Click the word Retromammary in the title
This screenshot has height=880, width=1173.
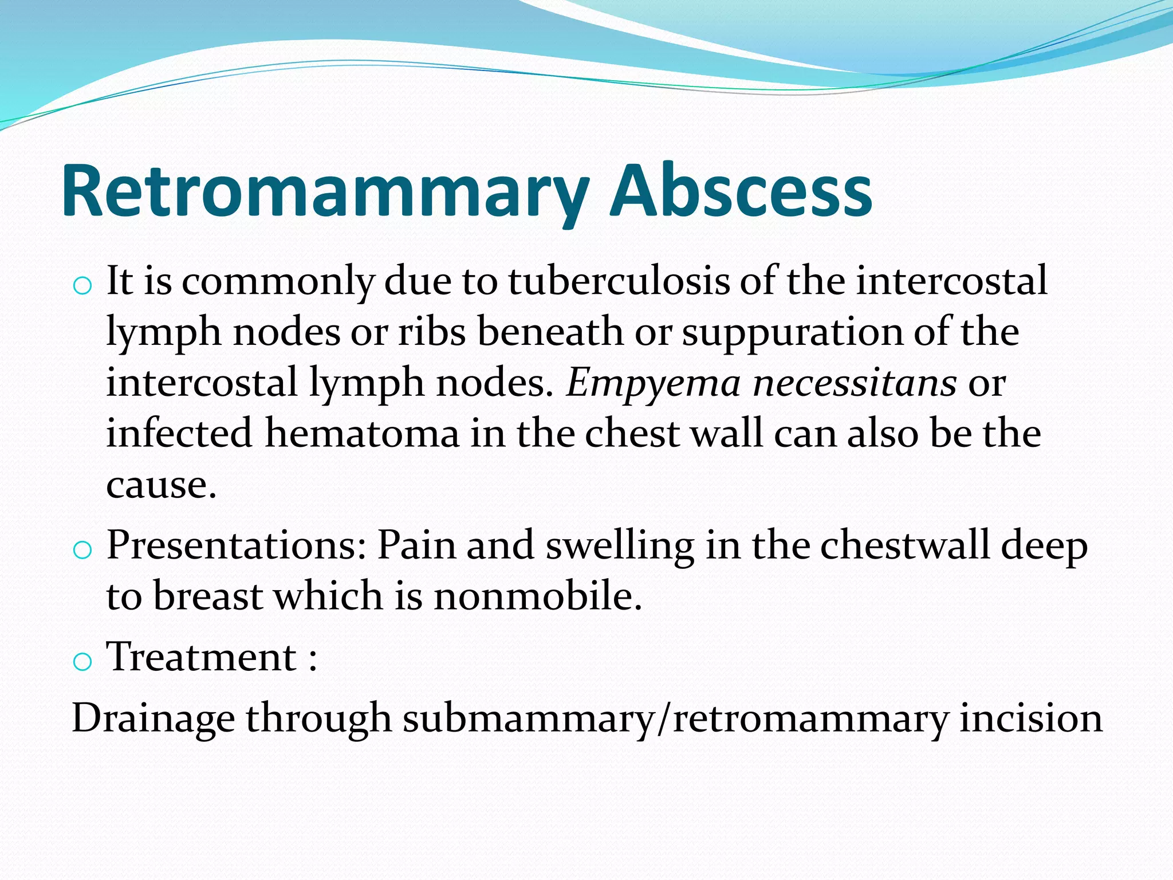[324, 191]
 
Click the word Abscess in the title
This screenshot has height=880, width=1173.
[741, 191]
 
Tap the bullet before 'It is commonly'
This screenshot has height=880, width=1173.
[82, 285]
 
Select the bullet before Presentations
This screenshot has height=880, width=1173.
[82, 550]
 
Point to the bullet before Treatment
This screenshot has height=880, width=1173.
[82, 662]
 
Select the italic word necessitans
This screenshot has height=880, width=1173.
[854, 383]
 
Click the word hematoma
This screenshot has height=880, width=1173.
[362, 433]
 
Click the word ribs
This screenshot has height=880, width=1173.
[432, 332]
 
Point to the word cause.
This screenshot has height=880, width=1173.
[161, 485]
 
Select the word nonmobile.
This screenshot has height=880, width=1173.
[537, 596]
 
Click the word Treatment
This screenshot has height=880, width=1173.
[202, 657]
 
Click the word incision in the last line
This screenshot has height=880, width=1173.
[1030, 718]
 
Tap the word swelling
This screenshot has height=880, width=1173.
[620, 545]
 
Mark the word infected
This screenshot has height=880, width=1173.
[179, 433]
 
